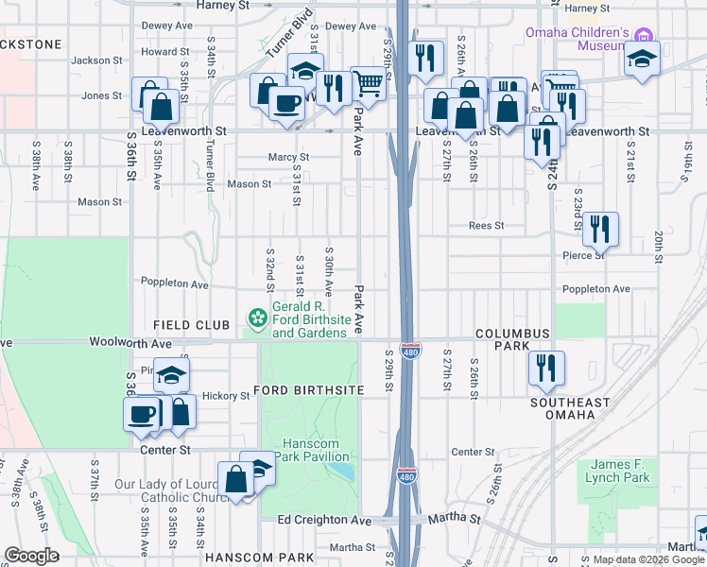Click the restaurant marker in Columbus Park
click(x=546, y=368)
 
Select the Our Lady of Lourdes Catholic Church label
click(x=166, y=491)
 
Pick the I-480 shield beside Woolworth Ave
click(x=409, y=351)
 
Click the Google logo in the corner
click(x=31, y=556)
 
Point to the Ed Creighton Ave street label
click(x=324, y=521)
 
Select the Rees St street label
click(x=487, y=226)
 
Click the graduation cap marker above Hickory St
click(x=171, y=374)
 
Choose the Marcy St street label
click(x=289, y=158)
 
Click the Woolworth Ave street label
click(x=130, y=343)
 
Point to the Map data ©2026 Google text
click(x=647, y=559)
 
